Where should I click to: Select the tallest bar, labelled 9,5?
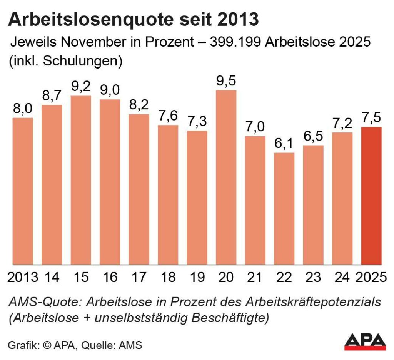(226, 177)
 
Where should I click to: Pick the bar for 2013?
(23, 191)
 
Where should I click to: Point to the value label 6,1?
(284, 144)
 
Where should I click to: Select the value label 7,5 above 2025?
(371, 118)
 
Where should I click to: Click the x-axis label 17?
(139, 277)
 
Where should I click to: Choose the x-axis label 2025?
(371, 277)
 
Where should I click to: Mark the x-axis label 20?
(226, 277)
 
